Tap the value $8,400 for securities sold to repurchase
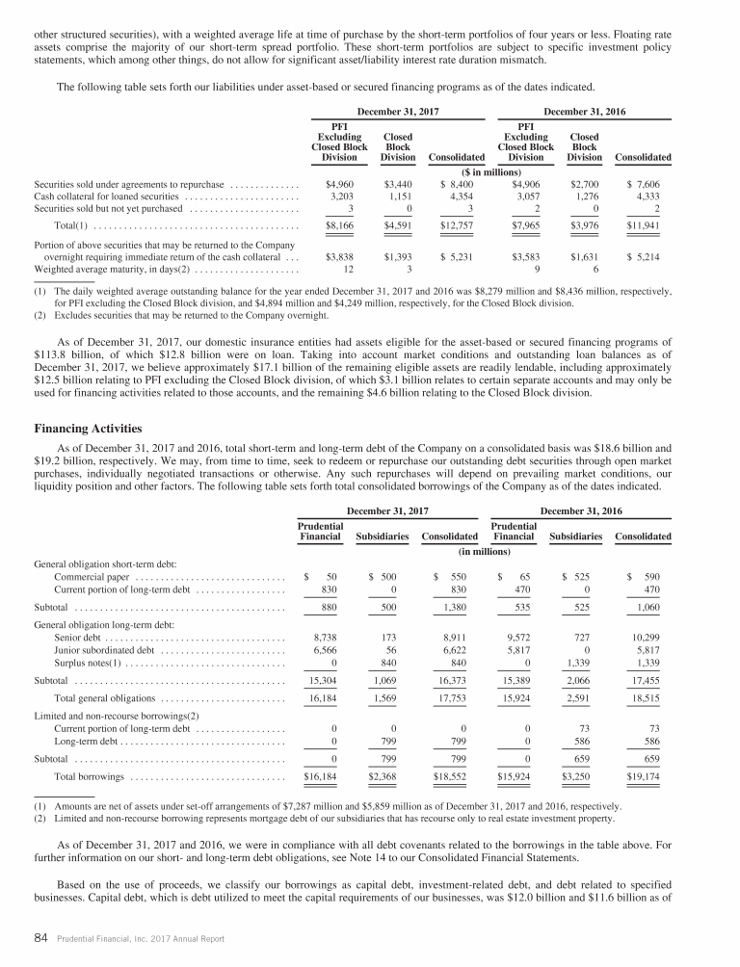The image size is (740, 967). (462, 182)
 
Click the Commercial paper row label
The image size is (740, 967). (92, 576)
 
